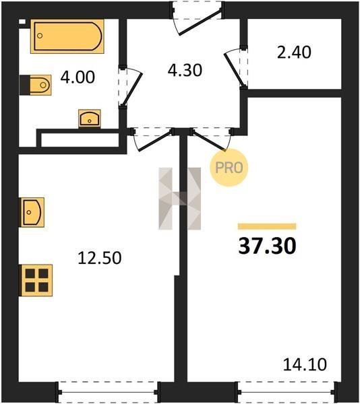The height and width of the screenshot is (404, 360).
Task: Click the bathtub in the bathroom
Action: pos(67,36)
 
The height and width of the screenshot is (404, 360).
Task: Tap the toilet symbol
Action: pos(36,85)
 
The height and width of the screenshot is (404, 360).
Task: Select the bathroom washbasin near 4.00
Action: pos(90,119)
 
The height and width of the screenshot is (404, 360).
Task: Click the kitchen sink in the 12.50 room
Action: pos(32,212)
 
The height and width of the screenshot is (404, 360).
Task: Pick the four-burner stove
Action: pos(36,280)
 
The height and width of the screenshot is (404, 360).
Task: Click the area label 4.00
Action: pos(78,77)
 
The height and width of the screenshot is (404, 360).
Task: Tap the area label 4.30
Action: pos(185,70)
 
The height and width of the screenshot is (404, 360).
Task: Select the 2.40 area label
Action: pos(294,53)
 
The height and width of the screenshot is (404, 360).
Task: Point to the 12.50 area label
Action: pos(100,258)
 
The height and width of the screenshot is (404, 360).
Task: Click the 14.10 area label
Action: pos(305,364)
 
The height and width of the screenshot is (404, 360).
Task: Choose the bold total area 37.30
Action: pos(267,246)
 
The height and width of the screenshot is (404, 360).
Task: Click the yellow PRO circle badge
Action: pos(229,168)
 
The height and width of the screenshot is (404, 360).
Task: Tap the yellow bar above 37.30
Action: pos(267,226)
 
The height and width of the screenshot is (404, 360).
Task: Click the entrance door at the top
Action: pos(198,18)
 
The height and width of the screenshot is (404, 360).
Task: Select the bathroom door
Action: pos(130,87)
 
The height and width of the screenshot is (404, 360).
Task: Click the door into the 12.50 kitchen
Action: pos(152,139)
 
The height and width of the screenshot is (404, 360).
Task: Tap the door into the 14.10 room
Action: pos(211,139)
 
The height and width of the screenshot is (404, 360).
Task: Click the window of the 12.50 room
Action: pos(108,392)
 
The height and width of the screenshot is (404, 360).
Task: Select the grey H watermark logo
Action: pos(180,199)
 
